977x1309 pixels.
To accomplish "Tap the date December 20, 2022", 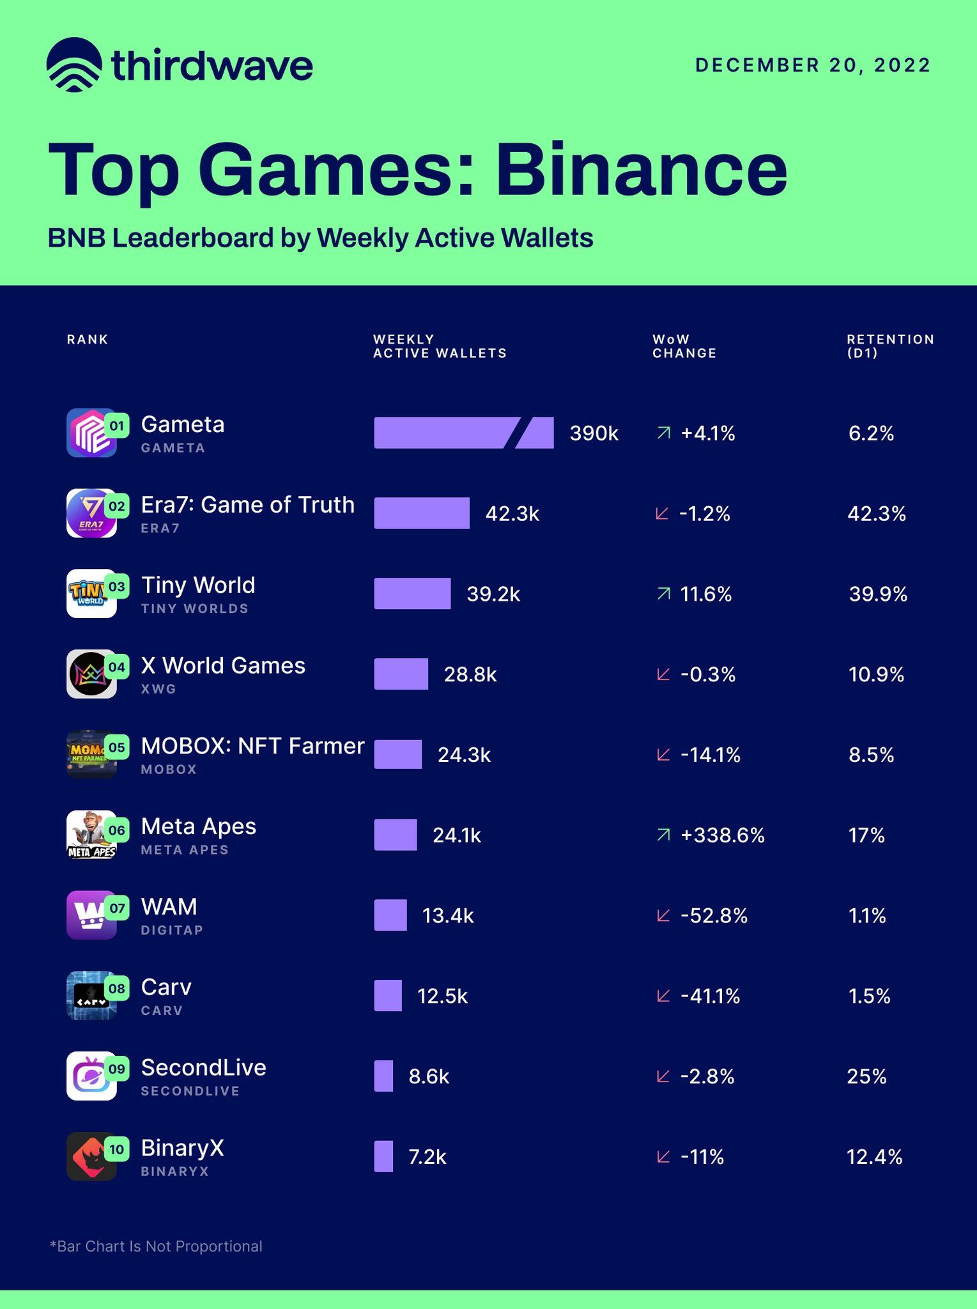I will point(812,65).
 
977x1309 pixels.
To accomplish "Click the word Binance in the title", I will point(641,171).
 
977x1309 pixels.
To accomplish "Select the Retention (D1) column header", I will point(890,346).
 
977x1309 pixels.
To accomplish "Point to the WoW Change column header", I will point(684,346).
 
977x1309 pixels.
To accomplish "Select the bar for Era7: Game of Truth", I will point(421,513).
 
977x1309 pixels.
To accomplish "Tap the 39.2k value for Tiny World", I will point(493,594).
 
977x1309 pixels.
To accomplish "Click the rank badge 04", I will point(117,667).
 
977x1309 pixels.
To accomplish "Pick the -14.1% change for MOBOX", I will point(710,755).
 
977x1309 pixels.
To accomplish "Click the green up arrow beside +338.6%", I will point(664,835).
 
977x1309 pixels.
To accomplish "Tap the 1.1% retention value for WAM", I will point(866,916).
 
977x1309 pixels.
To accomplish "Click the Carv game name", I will point(166,987).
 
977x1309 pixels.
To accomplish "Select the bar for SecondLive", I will point(383,1076).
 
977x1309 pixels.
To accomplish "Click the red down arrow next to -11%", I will point(663,1157).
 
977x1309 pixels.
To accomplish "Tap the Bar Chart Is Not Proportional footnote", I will point(156,1246).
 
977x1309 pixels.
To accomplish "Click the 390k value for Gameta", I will point(594,433).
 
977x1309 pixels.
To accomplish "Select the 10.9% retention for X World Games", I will point(875,674).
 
